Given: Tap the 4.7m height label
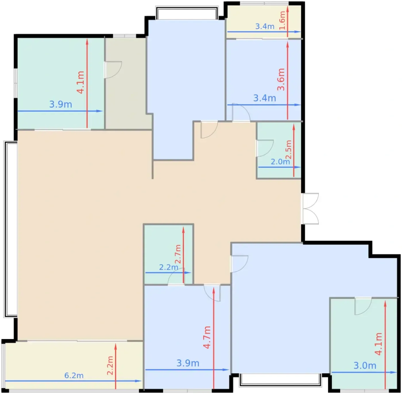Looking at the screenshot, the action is (207, 337).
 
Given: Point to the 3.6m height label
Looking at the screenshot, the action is (281, 80).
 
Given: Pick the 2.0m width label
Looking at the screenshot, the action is (280, 161).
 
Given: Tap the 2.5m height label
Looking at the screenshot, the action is (288, 150).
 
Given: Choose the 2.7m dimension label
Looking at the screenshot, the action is (178, 254).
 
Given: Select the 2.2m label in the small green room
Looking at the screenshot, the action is (169, 267).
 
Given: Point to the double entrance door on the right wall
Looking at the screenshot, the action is (310, 209).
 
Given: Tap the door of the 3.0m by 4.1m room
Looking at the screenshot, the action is (363, 306).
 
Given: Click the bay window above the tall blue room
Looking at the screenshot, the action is (187, 13).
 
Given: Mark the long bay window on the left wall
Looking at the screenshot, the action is (10, 229).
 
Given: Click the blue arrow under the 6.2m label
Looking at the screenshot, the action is (73, 381).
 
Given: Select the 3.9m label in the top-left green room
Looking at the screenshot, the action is (61, 104).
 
